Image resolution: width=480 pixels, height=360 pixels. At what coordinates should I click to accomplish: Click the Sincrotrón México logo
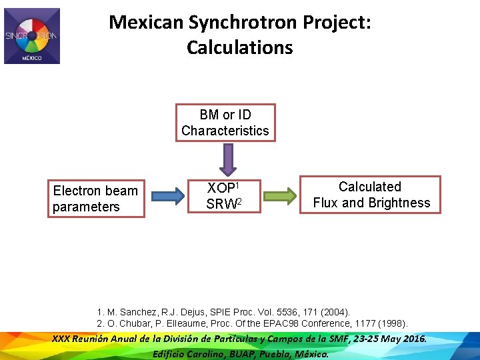click(x=32, y=36)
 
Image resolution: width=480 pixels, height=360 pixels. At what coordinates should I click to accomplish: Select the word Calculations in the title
click(x=240, y=48)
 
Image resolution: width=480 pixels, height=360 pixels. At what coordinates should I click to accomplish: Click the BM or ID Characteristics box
click(x=225, y=123)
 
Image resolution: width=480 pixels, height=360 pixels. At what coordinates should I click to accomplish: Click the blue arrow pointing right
click(x=167, y=196)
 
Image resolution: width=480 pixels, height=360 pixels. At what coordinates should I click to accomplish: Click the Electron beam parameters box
click(x=95, y=199)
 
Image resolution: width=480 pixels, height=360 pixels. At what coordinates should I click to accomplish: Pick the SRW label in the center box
click(x=219, y=204)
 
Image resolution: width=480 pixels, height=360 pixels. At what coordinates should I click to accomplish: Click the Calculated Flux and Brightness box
click(x=371, y=195)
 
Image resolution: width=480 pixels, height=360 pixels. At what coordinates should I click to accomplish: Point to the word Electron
click(x=77, y=191)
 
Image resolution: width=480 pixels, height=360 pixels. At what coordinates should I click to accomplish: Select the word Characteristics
click(x=225, y=131)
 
